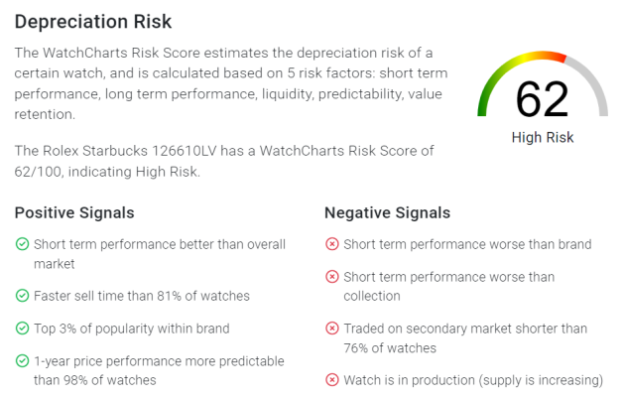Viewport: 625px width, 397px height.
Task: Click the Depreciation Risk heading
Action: (93, 22)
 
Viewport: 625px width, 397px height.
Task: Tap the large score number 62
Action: (542, 99)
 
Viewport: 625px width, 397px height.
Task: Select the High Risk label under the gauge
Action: (543, 138)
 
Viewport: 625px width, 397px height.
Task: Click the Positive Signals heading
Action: (74, 212)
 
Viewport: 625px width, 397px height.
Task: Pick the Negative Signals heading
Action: (388, 212)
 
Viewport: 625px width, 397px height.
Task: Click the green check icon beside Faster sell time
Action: (22, 296)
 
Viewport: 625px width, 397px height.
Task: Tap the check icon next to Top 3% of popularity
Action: (22, 329)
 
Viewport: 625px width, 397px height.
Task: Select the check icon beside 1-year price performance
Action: (22, 361)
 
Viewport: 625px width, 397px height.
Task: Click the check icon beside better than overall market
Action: (22, 244)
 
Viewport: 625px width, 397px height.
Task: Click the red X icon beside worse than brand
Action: (332, 244)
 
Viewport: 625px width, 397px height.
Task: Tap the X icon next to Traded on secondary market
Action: (332, 329)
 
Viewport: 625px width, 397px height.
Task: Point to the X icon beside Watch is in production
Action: (332, 380)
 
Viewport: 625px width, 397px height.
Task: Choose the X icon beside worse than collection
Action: (332, 277)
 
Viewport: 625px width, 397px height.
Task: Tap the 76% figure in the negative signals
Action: (356, 348)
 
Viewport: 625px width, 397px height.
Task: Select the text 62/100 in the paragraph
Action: (38, 172)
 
